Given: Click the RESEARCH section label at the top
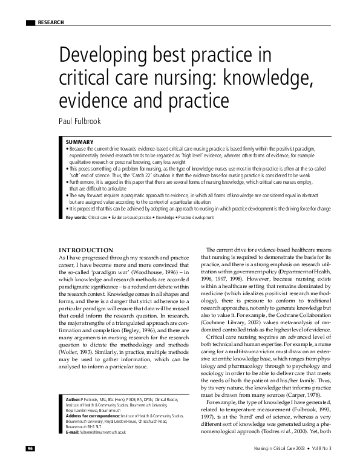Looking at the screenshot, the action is [x=50, y=22].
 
